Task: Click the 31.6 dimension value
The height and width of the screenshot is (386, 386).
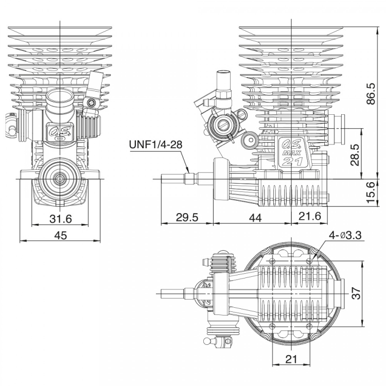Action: click(x=60, y=219)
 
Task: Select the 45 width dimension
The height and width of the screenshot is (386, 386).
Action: click(x=60, y=235)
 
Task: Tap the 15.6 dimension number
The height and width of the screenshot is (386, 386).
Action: click(x=370, y=192)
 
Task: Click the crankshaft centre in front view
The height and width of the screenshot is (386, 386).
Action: click(x=60, y=179)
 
